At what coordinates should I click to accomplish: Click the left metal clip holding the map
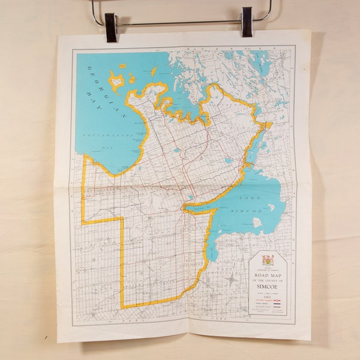110,27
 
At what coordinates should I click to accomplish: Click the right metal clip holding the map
247,22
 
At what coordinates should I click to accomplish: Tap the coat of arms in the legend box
268,260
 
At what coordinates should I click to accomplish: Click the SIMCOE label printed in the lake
252,212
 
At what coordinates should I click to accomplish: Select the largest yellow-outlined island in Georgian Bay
116,80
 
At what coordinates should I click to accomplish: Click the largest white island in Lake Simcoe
258,222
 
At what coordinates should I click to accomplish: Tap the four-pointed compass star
231,279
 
